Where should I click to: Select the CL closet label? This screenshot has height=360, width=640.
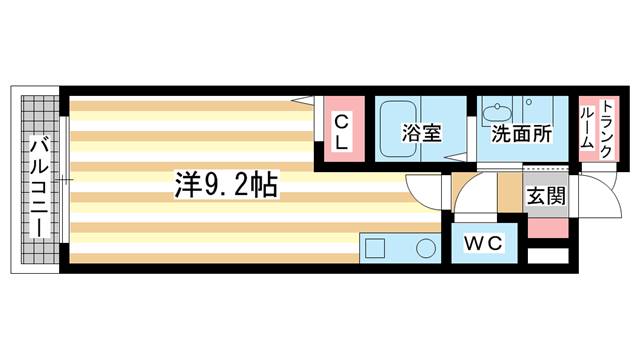tap(341, 132)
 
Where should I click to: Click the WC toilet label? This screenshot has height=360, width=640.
tap(482, 243)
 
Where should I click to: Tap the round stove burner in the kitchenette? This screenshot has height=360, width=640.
tap(426, 248)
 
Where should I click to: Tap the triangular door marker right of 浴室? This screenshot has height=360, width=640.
tap(458, 156)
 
